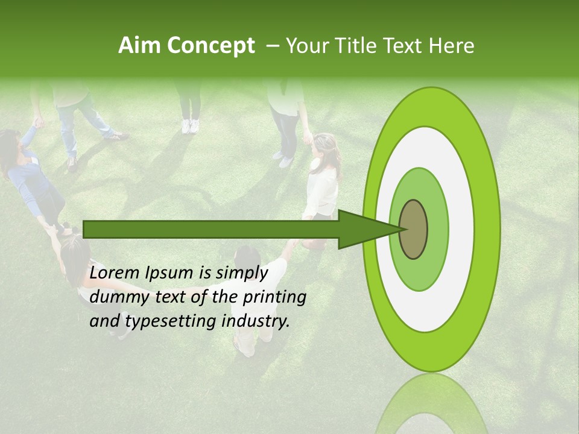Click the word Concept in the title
[x=210, y=46]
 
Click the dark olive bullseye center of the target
[x=413, y=229]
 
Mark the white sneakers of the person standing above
[x=191, y=126]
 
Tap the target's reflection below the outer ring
[x=430, y=404]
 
